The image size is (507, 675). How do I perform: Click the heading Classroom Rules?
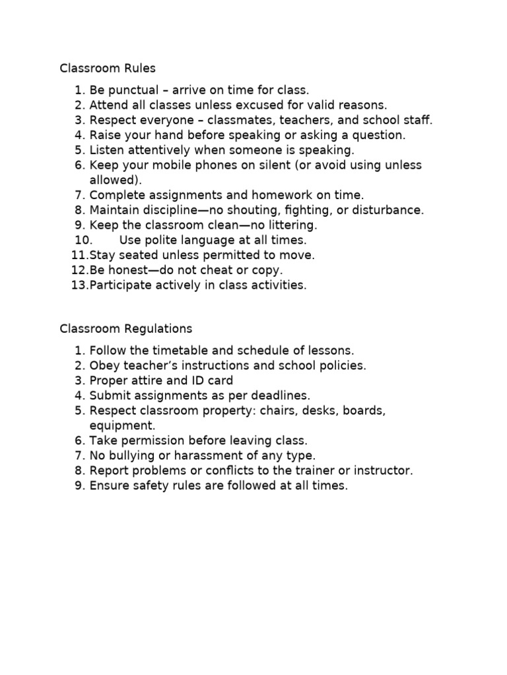[108, 68]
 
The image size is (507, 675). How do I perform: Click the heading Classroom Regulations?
[125, 328]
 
